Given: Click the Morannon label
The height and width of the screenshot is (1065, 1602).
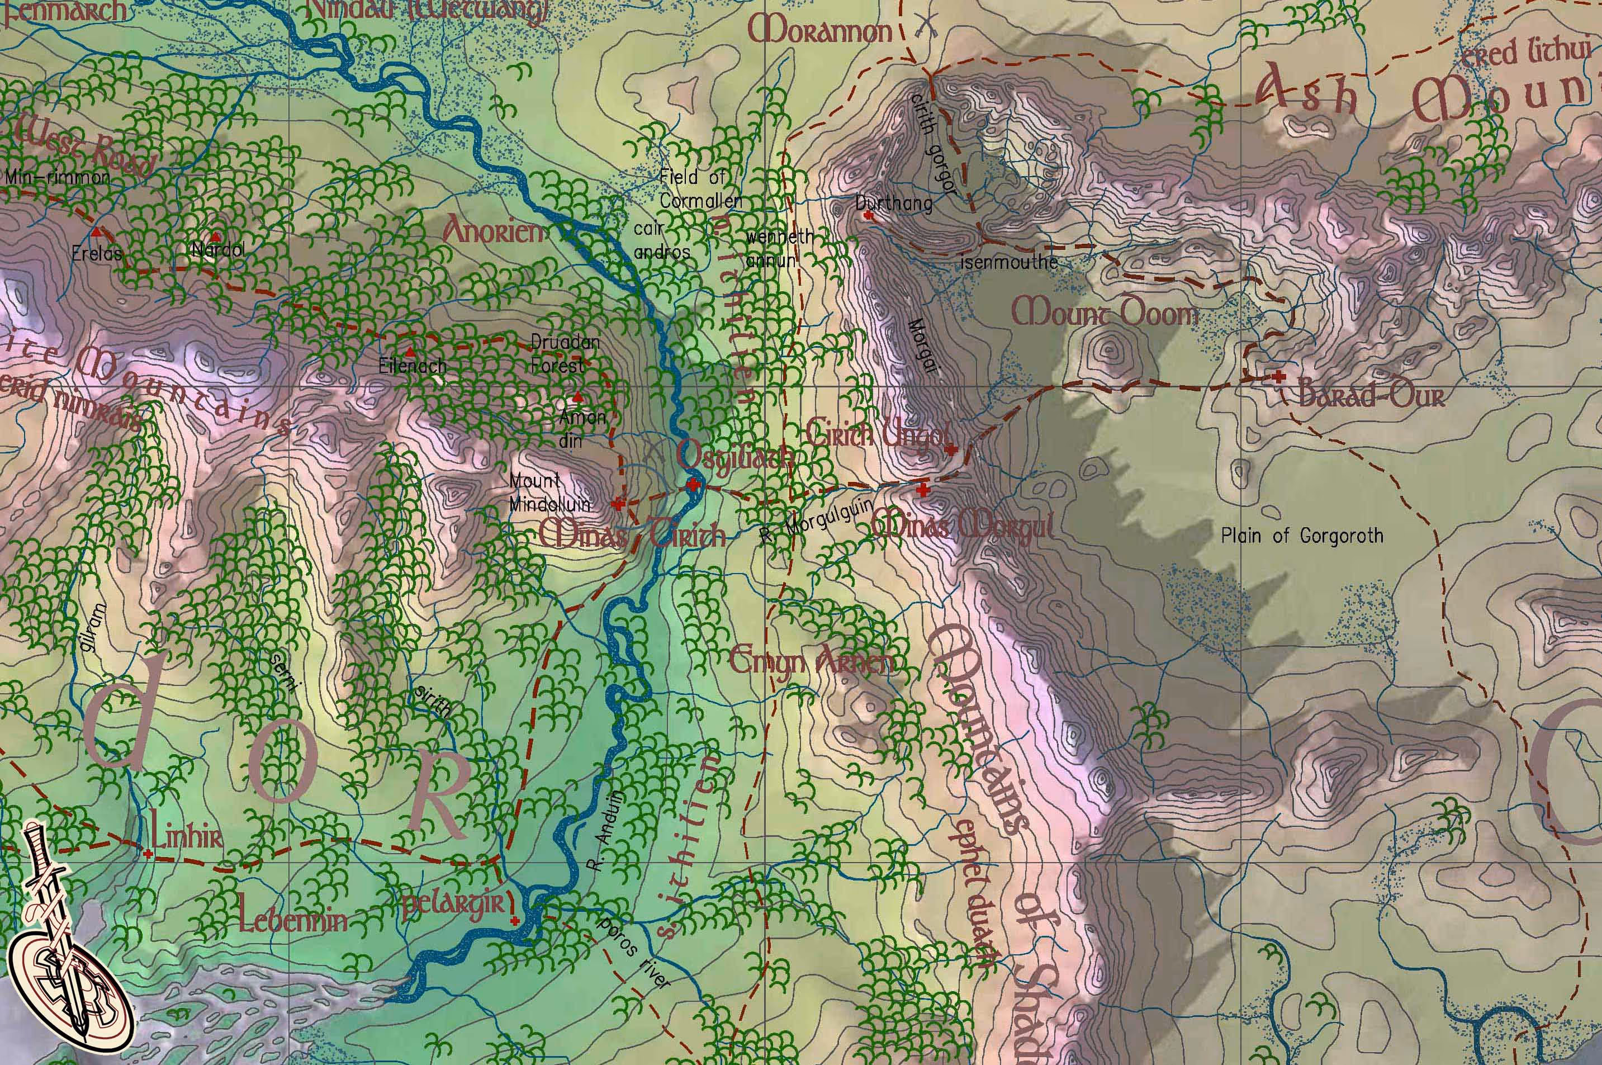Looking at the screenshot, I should point(819,31).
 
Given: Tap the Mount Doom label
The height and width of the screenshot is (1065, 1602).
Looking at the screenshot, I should point(1105,314).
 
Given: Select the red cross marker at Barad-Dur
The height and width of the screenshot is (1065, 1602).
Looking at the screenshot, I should point(1279,376).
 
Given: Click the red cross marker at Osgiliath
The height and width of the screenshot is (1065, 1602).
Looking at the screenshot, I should point(693,485).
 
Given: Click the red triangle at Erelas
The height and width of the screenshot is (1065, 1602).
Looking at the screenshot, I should point(97,233).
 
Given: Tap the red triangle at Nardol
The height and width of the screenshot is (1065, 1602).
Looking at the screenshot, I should point(215,237).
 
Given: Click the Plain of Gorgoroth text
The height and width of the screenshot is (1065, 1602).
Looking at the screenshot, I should point(1302,537).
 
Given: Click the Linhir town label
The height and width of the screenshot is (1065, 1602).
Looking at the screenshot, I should point(187,837).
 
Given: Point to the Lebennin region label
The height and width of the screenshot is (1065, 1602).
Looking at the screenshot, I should point(293,920).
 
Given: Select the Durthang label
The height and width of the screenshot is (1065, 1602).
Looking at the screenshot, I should point(894,202).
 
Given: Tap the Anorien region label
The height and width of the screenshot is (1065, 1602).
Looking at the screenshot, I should point(494,231).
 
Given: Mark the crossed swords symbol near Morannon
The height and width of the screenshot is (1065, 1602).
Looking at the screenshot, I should point(926,26).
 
